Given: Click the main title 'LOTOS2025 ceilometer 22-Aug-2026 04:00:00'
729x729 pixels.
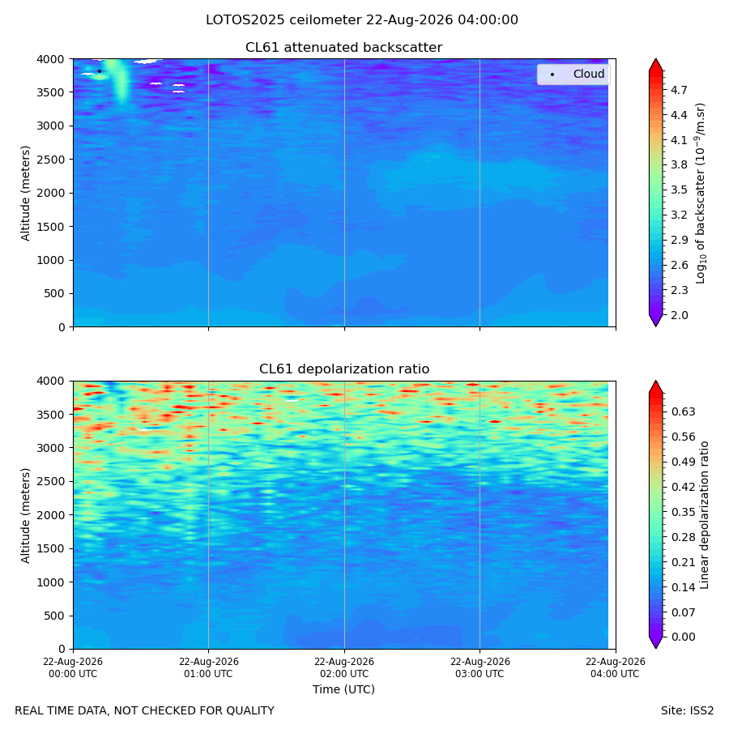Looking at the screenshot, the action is point(362,20).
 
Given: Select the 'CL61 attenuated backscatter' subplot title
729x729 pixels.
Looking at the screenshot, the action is point(343,48).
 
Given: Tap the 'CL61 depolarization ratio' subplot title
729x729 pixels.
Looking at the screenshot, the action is point(344,369).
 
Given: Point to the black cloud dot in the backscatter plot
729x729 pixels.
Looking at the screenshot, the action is point(100,71).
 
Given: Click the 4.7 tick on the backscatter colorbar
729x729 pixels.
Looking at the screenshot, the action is point(679,90).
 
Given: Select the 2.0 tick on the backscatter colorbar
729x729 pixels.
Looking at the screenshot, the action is point(679,315).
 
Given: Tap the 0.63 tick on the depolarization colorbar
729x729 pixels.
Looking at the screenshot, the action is point(683,412).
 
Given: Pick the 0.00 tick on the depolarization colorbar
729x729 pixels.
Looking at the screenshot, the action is point(683,637).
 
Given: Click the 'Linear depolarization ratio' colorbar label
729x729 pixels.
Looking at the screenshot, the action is point(704,515).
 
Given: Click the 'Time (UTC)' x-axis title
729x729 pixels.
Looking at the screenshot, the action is point(343,689).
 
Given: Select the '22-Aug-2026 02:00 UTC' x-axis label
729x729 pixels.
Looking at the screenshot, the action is point(344,667).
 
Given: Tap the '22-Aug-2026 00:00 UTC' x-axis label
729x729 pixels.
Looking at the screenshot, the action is point(73,667).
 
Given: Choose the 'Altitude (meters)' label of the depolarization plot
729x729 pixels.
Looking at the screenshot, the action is point(25,516).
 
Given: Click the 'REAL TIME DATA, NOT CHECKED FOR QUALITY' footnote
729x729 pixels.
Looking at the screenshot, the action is point(145,710).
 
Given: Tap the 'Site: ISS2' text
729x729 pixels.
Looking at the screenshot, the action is point(687,710).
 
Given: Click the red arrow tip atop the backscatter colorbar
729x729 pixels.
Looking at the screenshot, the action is point(655,59).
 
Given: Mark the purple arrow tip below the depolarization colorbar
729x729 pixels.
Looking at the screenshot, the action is point(655,648).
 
